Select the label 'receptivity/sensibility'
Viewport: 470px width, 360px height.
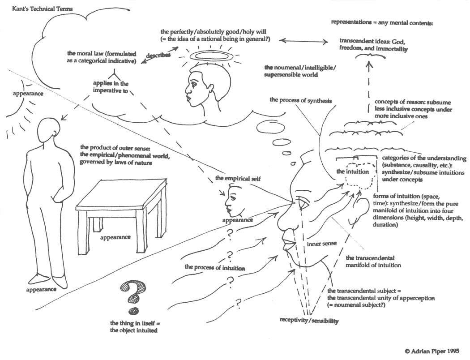click(x=309, y=321)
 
